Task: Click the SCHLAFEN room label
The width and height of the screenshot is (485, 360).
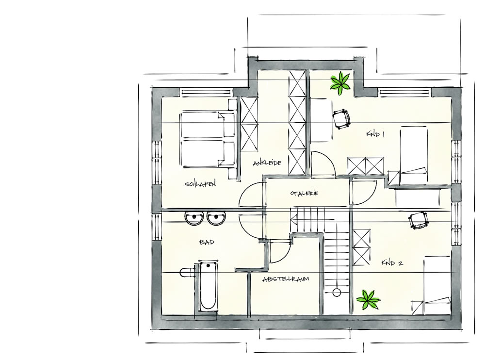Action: (200, 184)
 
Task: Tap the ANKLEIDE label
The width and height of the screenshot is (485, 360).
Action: (267, 163)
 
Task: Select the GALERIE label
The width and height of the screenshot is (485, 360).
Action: (304, 193)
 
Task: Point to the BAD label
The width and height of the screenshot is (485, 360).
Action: (207, 242)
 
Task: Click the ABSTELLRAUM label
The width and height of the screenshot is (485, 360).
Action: (286, 279)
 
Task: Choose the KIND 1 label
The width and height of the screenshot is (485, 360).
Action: (375, 134)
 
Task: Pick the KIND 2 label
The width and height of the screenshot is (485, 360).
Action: (392, 263)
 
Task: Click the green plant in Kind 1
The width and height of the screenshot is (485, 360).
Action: (340, 82)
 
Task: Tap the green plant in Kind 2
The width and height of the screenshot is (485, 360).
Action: (368, 299)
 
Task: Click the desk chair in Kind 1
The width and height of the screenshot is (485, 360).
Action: (342, 118)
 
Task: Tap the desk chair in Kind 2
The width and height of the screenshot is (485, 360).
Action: (419, 220)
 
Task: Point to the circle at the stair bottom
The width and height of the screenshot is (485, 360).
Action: (337, 292)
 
